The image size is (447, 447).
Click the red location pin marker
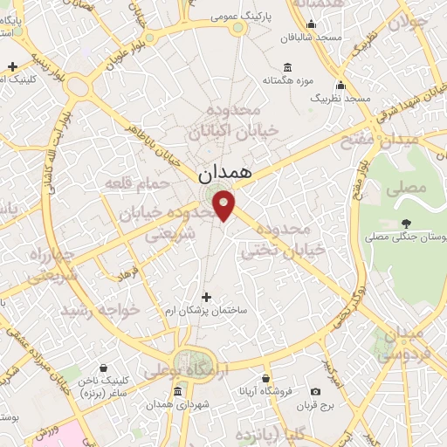[225, 205]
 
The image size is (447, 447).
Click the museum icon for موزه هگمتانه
[288, 67]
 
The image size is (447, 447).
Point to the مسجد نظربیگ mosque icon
[340, 86]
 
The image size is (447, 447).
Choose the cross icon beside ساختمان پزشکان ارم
[206, 297]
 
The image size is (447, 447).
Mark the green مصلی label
[410, 187]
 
